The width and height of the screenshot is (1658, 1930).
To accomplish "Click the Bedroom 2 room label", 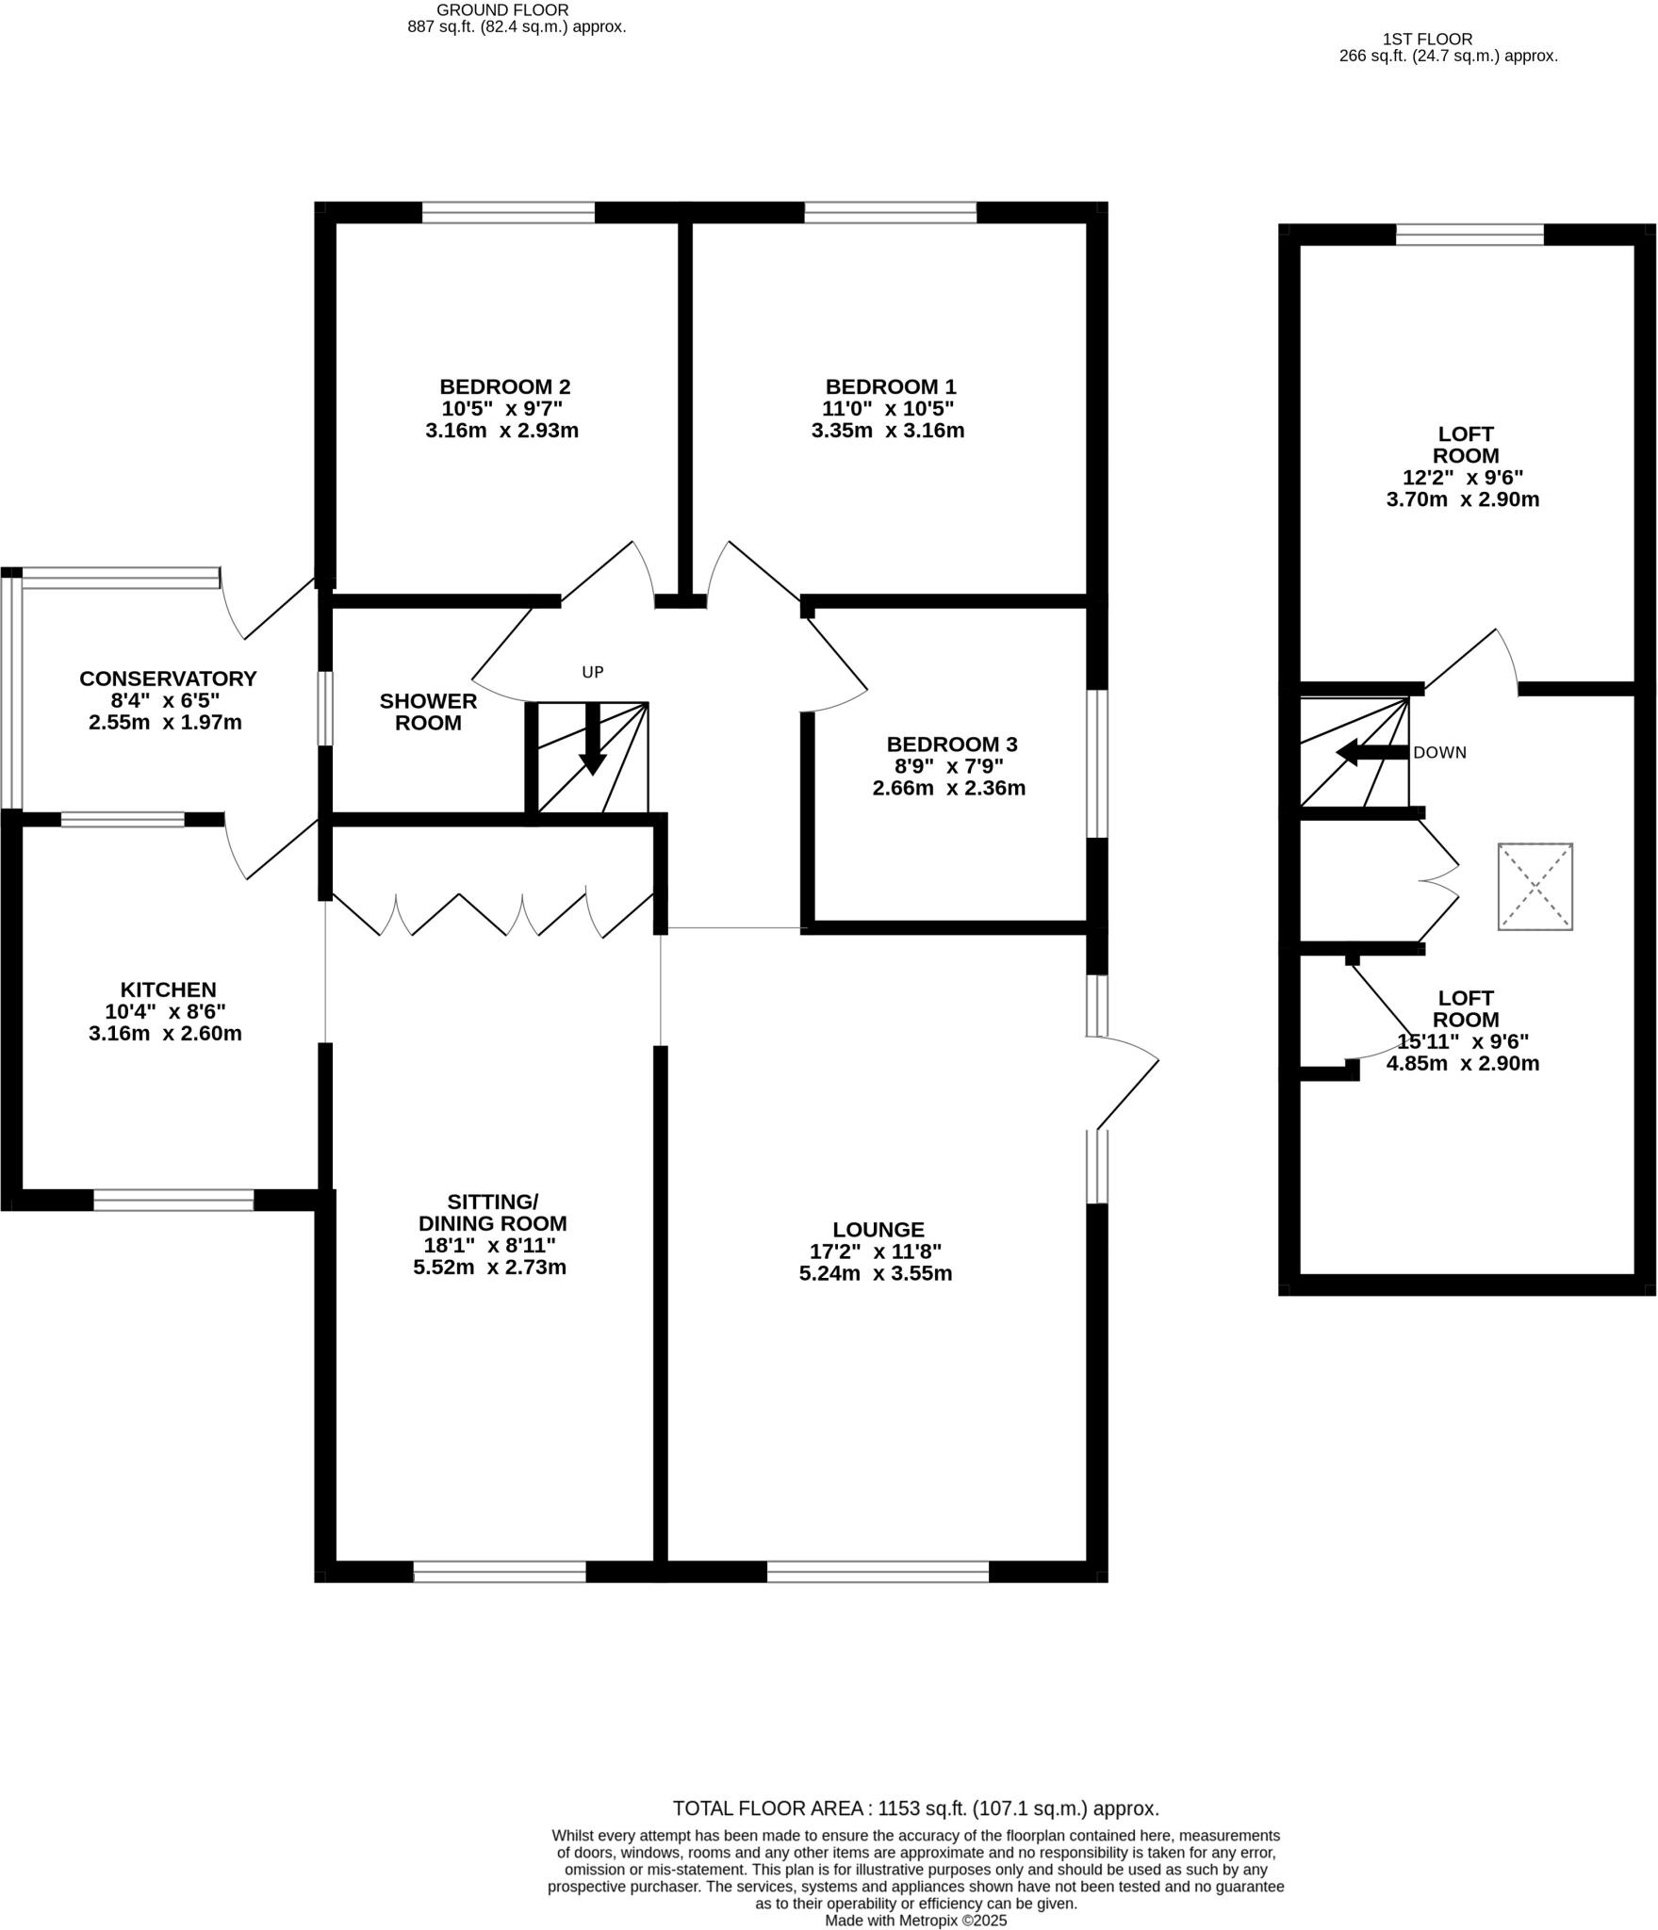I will tap(504, 386).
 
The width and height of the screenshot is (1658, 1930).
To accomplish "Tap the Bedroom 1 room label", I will tap(890, 386).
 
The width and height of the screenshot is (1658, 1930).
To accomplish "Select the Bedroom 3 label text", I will tap(951, 744).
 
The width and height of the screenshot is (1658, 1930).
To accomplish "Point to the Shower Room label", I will tap(428, 711).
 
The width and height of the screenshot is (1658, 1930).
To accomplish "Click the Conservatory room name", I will tap(168, 679).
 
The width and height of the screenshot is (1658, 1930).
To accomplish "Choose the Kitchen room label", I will tap(168, 990).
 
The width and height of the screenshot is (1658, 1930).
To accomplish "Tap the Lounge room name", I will tap(878, 1230).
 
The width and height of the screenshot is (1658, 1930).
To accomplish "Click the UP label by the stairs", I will tap(592, 673).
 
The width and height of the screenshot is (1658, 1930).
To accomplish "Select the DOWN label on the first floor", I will tap(1439, 753).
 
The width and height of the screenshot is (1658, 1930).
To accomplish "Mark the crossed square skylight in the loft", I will tap(1535, 887).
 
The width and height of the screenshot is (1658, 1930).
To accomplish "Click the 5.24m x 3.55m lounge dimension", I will tap(875, 1274).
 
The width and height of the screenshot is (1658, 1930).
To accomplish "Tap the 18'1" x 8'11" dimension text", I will tap(489, 1245).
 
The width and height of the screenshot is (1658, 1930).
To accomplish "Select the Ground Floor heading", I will tap(502, 9).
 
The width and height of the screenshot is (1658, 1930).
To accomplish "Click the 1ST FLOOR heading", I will tap(1427, 40).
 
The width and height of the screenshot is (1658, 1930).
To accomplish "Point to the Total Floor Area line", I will tap(915, 1808).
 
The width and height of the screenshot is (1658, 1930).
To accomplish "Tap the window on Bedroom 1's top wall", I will tap(890, 213).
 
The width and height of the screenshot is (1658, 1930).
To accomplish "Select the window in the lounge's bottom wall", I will tap(878, 1572).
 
